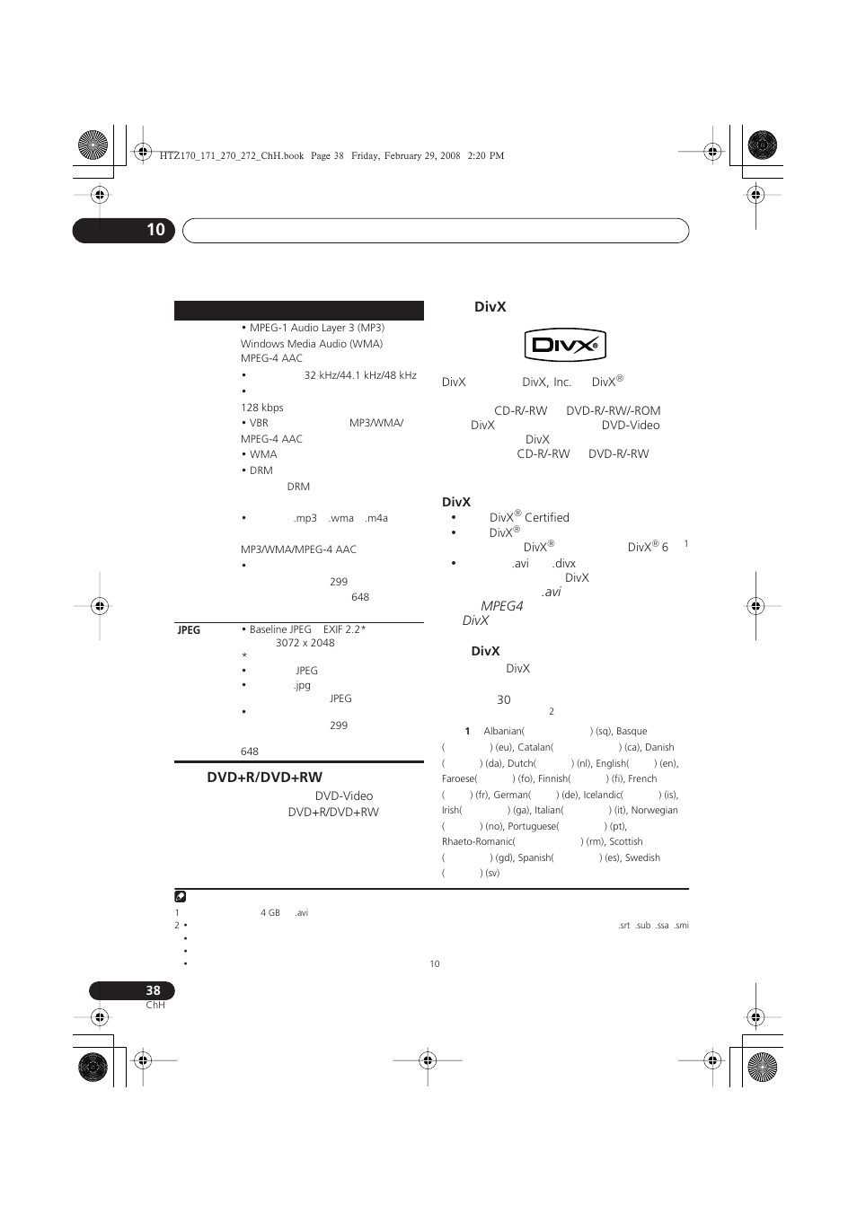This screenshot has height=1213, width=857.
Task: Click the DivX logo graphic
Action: [565, 346]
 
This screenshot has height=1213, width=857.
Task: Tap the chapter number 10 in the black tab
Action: [155, 230]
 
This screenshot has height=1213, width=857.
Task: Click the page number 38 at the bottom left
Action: [153, 990]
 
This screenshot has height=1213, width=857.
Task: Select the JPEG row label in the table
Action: [189, 630]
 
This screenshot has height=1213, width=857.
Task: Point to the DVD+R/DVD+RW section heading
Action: [264, 778]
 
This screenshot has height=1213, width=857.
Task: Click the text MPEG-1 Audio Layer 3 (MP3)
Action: [316, 328]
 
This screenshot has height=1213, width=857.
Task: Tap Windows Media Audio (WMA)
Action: [311, 344]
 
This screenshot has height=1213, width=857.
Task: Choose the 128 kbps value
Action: [261, 408]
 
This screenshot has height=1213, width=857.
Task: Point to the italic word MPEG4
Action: [501, 606]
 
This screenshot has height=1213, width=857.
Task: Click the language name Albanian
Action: [503, 732]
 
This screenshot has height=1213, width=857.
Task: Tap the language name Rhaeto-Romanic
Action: [478, 842]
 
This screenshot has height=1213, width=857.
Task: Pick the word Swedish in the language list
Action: [642, 858]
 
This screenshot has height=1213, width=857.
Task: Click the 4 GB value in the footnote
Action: [269, 913]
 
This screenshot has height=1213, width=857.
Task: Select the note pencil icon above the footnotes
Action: [181, 896]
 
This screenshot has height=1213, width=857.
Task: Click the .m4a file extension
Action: [376, 518]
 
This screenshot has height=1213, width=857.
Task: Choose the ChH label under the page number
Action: [155, 1006]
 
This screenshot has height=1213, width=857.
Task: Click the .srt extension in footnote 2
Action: [623, 926]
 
